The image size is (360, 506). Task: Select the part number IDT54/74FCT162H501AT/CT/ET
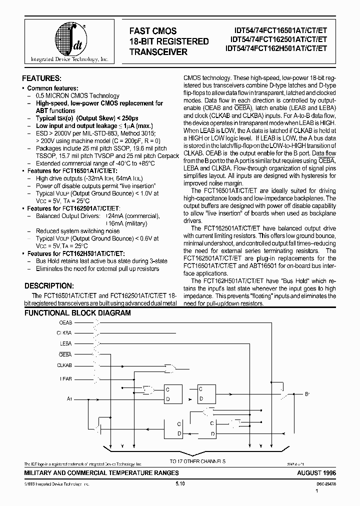[x=276, y=48]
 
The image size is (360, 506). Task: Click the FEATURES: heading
[x=42, y=78]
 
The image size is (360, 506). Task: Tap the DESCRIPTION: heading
[x=49, y=286]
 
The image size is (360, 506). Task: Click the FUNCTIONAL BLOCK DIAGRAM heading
[x=77, y=313]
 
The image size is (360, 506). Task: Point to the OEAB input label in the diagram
[x=65, y=322]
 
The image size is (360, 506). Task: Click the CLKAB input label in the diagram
[x=64, y=365]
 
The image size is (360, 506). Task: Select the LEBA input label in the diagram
[x=65, y=343]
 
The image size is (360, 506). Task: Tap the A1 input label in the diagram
[x=69, y=398]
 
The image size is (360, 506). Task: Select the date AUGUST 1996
[x=316, y=472]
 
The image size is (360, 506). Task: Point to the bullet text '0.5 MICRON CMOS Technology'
[x=77, y=95]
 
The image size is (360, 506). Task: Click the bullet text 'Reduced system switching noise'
[x=77, y=231]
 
